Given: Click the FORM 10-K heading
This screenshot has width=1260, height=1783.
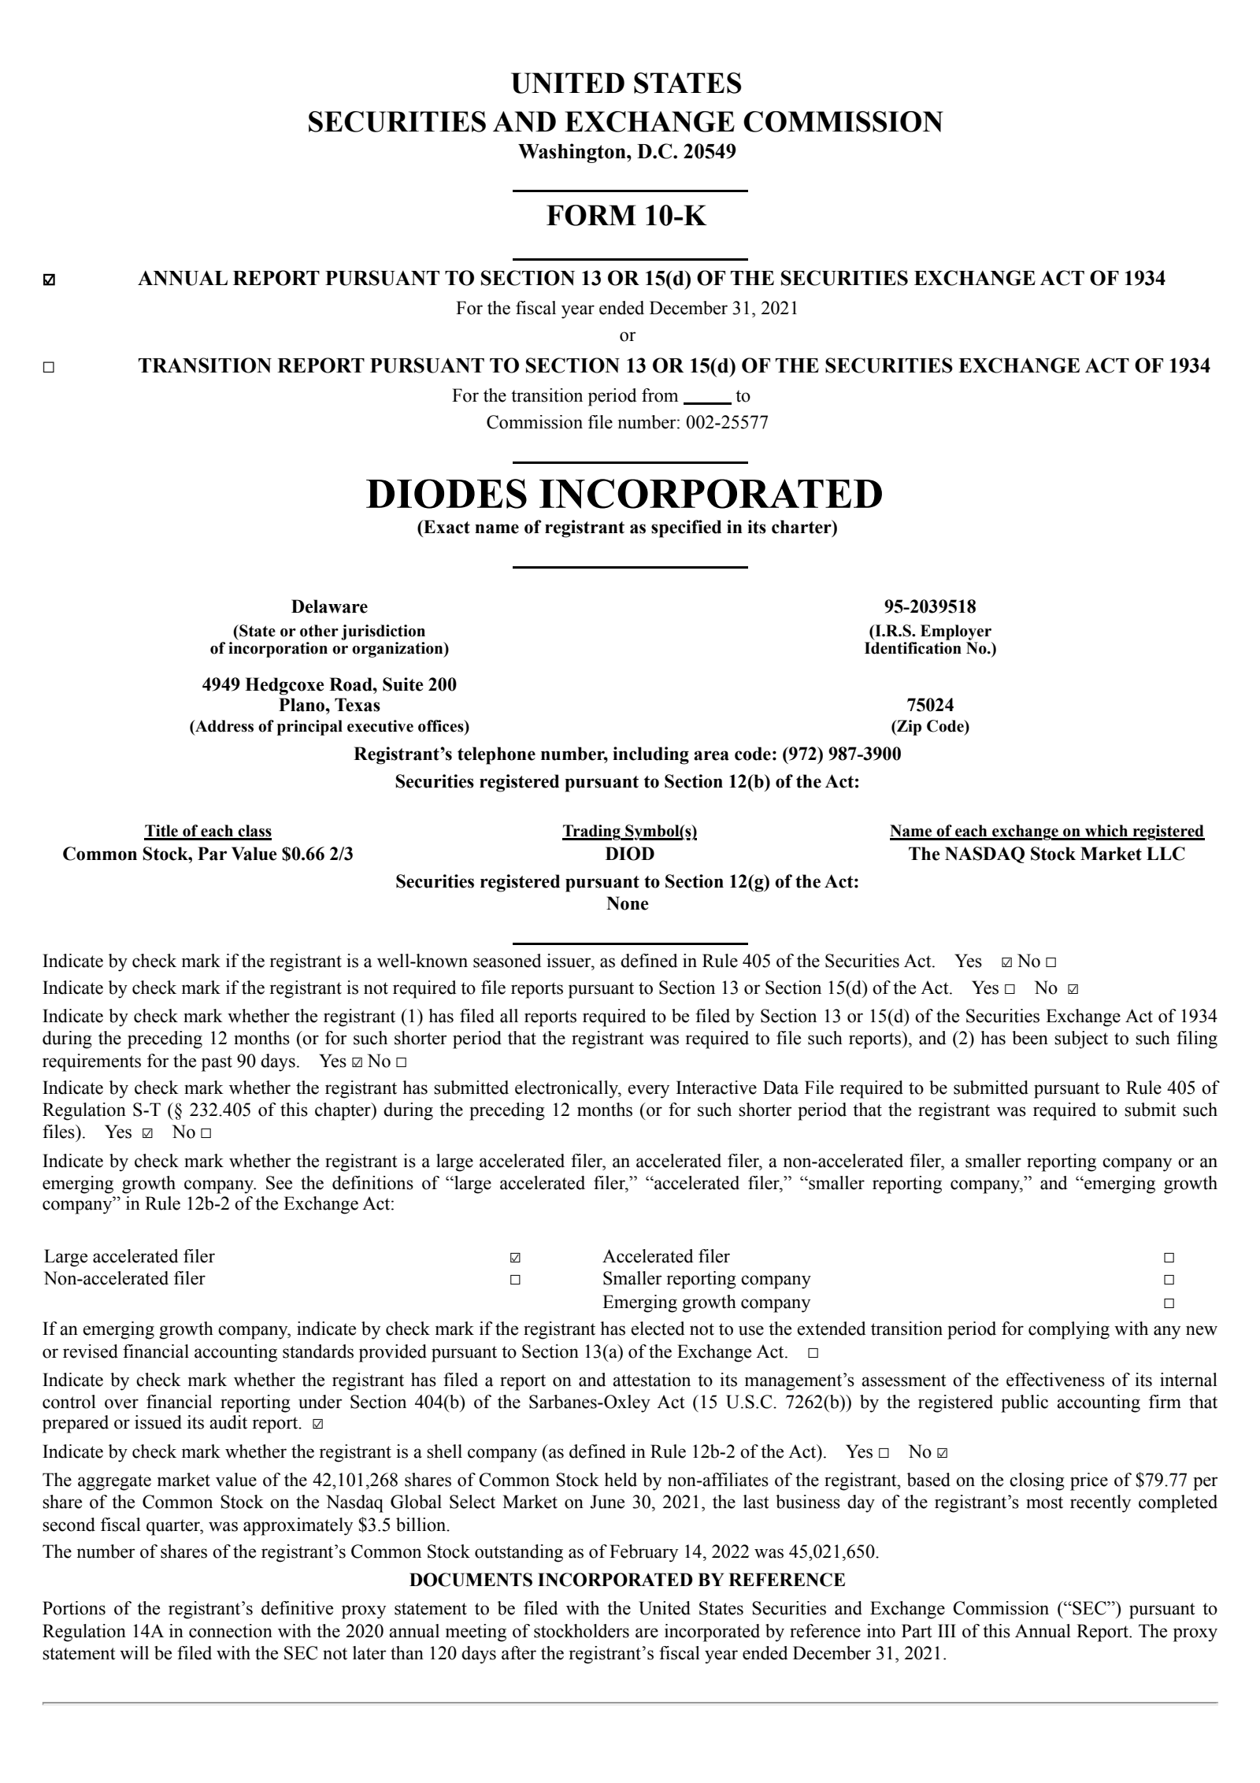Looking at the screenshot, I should click(x=626, y=216).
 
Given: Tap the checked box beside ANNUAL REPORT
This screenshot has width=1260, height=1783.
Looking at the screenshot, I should click(x=50, y=280).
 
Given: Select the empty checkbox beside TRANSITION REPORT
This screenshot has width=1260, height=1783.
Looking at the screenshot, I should click(x=50, y=367).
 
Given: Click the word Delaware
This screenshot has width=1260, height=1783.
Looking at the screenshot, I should click(x=329, y=606).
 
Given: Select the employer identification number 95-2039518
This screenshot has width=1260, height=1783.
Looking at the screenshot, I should click(x=929, y=606).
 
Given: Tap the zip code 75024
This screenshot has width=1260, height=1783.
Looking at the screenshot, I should click(x=929, y=705).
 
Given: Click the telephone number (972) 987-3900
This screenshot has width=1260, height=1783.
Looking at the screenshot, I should click(x=841, y=754).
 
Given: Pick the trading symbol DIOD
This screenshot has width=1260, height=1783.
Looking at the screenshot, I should click(x=628, y=854).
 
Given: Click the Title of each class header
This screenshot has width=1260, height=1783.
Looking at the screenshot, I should click(x=208, y=831).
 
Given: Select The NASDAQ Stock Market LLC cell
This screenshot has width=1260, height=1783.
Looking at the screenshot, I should click(x=1046, y=854).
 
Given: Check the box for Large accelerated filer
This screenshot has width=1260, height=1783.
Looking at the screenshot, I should click(x=515, y=1258).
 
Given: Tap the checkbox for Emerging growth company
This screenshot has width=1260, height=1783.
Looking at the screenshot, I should click(x=1169, y=1303).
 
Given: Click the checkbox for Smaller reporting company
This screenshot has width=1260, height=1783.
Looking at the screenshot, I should click(x=1169, y=1280).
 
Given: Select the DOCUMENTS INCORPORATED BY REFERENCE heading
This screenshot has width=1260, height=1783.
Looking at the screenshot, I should click(x=627, y=1580).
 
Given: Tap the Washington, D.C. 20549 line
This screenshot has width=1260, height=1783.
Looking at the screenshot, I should click(x=626, y=151).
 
